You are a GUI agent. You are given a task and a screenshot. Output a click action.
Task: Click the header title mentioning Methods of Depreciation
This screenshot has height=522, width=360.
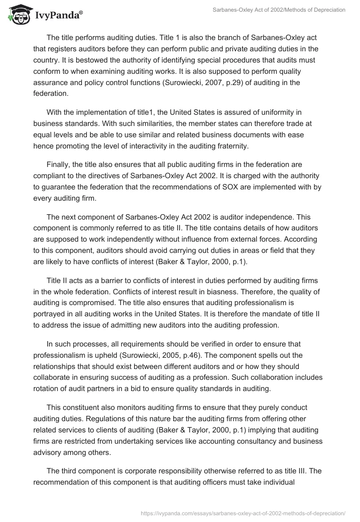(279, 10)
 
